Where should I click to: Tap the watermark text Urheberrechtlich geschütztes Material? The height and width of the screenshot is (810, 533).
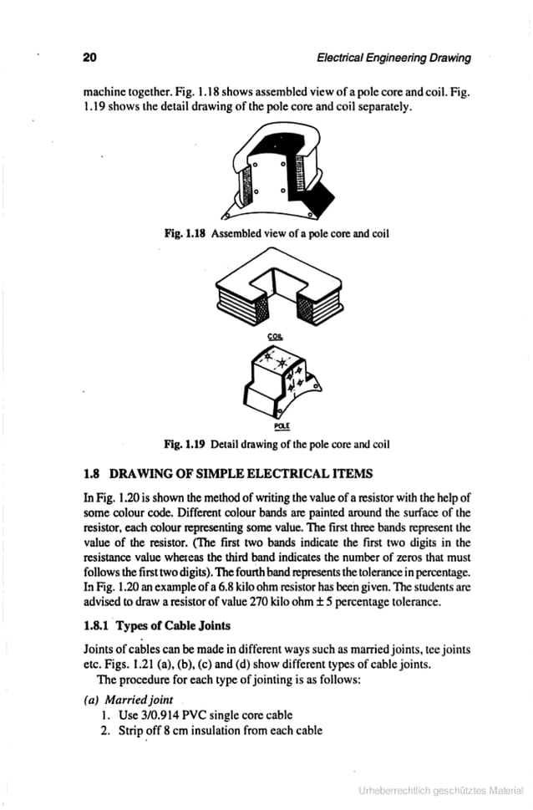[440, 789]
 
